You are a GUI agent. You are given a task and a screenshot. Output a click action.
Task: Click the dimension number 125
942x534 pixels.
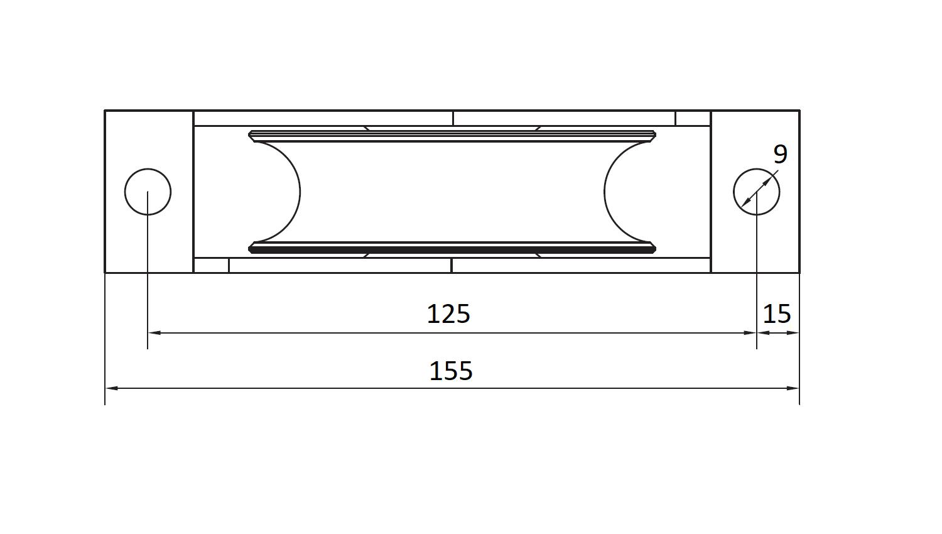[448, 314]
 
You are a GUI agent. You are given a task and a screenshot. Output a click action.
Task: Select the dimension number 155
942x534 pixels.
[451, 371]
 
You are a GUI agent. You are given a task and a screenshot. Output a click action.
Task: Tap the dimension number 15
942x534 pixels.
[777, 314]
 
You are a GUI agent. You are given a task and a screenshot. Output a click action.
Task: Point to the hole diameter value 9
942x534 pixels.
[781, 155]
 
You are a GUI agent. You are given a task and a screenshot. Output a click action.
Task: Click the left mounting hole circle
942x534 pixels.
[125, 192]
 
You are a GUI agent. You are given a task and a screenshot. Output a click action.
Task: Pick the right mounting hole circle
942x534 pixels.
[734, 192]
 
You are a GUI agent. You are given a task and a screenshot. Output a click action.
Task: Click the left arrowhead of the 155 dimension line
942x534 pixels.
[111, 388]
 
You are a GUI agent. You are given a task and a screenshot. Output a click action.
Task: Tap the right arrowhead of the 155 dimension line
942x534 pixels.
[793, 388]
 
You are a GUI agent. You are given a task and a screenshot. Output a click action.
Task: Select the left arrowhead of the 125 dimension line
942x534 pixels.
[154, 333]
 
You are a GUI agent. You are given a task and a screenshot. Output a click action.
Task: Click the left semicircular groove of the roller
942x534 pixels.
[300, 192]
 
